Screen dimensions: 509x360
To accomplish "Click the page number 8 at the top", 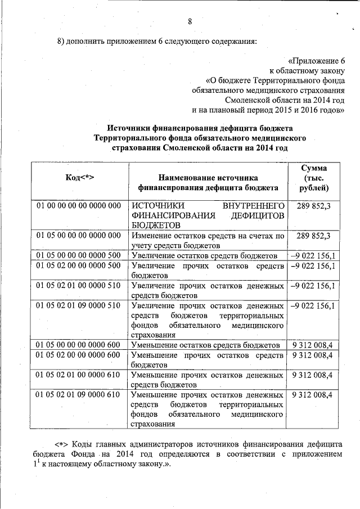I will tap(190, 22).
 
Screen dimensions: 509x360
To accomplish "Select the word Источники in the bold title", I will tap(130, 128).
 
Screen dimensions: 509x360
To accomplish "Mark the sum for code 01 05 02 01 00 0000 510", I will tap(312, 286).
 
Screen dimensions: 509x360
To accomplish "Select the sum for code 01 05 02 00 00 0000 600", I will tap(312, 355).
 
